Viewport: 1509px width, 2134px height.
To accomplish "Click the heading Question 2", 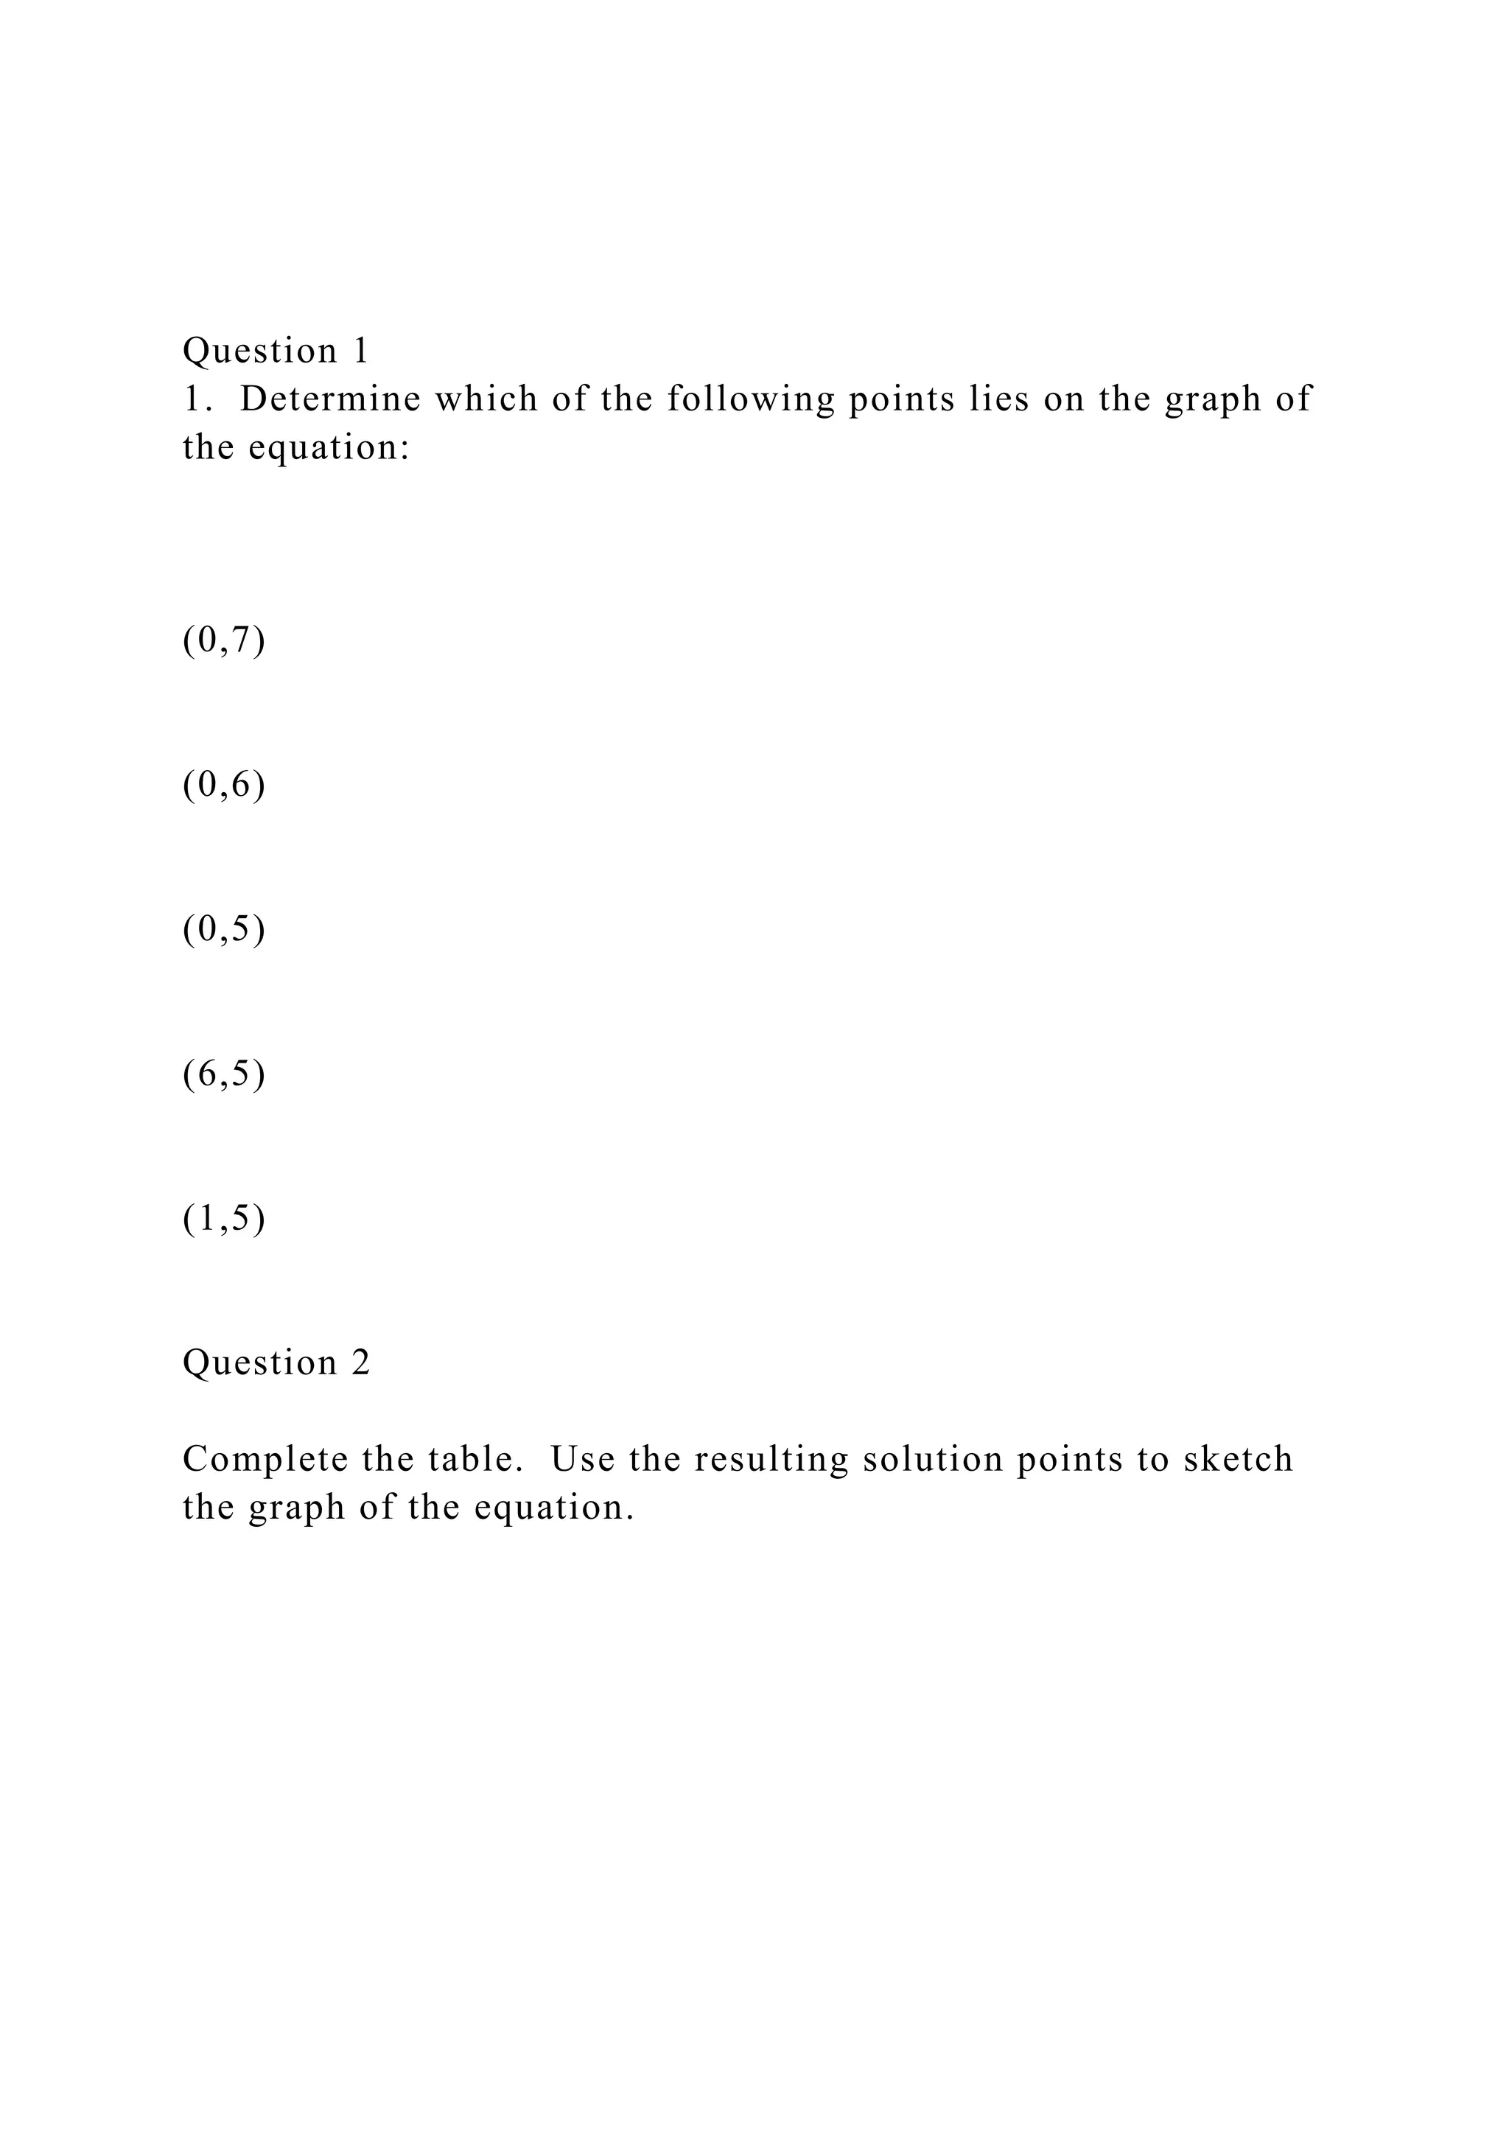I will coord(276,1362).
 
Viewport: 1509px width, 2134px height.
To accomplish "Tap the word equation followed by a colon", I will coord(329,449).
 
